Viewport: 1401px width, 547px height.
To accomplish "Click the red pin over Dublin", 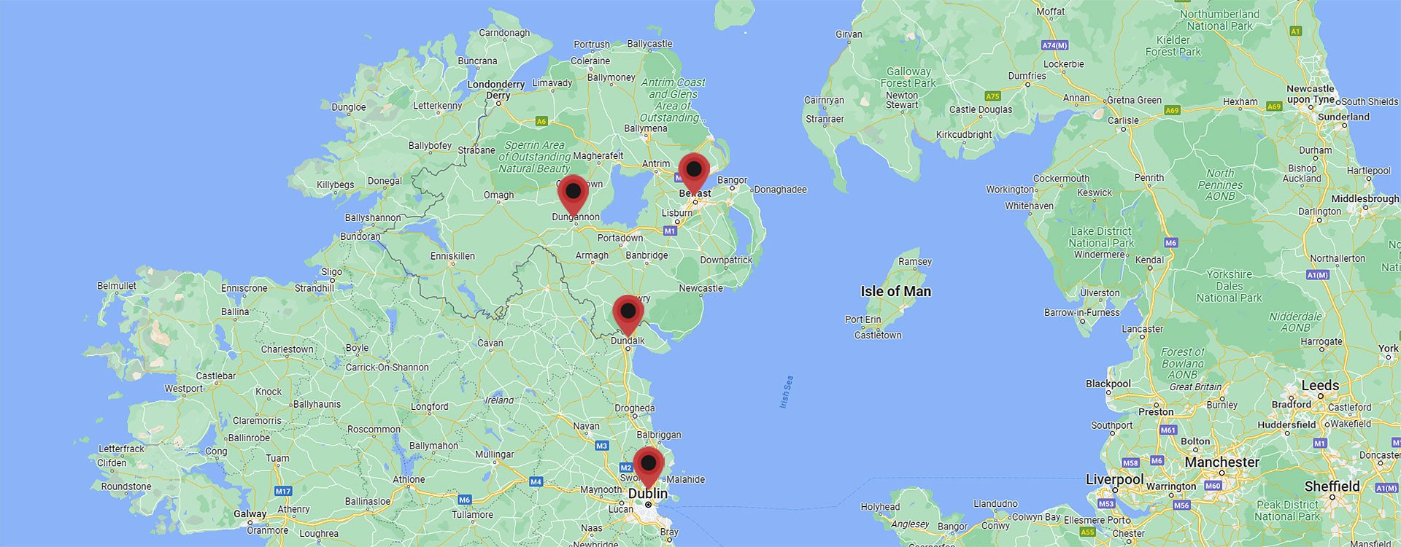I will (x=648, y=464).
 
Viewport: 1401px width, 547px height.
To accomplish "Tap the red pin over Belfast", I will (x=694, y=170).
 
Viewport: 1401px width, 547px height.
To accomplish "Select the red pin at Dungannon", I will (x=574, y=192).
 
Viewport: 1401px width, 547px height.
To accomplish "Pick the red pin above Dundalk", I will (x=628, y=312).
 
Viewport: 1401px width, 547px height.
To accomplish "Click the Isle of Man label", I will (x=895, y=292).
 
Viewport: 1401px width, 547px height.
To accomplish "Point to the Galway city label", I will (x=250, y=513).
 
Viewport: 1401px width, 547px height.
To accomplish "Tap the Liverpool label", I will (x=1114, y=480).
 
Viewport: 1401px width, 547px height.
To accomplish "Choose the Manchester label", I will (x=1221, y=462).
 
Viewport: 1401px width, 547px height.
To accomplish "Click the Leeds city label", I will (x=1320, y=386).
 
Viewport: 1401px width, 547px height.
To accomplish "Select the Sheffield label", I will (x=1332, y=486).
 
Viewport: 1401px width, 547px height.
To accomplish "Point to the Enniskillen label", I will (x=452, y=256).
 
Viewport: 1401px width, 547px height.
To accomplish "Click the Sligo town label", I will (x=331, y=272).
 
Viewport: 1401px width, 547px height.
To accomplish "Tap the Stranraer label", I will (x=825, y=119).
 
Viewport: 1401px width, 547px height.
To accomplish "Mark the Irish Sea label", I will (x=786, y=392).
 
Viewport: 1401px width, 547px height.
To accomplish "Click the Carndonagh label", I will (x=504, y=33).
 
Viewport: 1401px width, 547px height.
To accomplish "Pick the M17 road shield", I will (x=283, y=491).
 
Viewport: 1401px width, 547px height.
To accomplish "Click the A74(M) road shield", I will (x=1054, y=45).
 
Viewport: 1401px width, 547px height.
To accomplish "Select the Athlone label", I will (x=409, y=479).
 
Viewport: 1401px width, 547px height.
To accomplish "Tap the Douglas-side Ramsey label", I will (x=915, y=261).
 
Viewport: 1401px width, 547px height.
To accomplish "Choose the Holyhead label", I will (x=880, y=507).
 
